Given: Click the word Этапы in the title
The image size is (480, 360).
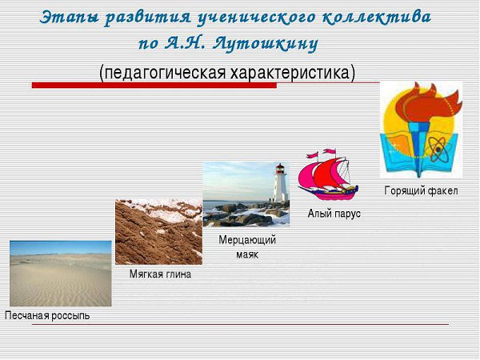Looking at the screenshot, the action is pyautogui.click(x=69, y=18).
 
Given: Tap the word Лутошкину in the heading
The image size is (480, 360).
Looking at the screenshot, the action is pyautogui.click(x=265, y=44).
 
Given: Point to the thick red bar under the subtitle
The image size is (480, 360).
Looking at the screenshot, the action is pyautogui.click(x=154, y=86).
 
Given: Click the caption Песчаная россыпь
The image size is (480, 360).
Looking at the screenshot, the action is pyautogui.click(x=47, y=316).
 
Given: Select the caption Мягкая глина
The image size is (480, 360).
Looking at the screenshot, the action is pyautogui.click(x=160, y=274).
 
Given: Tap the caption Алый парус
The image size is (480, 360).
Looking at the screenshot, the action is pyautogui.click(x=334, y=214).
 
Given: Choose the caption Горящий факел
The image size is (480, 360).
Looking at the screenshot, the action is pyautogui.click(x=421, y=190).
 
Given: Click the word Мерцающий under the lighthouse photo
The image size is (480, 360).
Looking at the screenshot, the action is pyautogui.click(x=247, y=240).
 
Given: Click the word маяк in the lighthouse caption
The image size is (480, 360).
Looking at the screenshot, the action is pyautogui.click(x=247, y=254).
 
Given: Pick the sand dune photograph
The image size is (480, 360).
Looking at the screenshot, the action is pyautogui.click(x=61, y=274).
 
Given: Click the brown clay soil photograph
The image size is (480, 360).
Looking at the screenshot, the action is pyautogui.click(x=158, y=232).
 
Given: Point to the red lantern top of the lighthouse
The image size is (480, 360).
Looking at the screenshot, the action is pyautogui.click(x=280, y=168).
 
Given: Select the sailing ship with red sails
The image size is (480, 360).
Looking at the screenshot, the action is pyautogui.click(x=328, y=174).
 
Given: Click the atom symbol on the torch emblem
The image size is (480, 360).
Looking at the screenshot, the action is pyautogui.click(x=438, y=150).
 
